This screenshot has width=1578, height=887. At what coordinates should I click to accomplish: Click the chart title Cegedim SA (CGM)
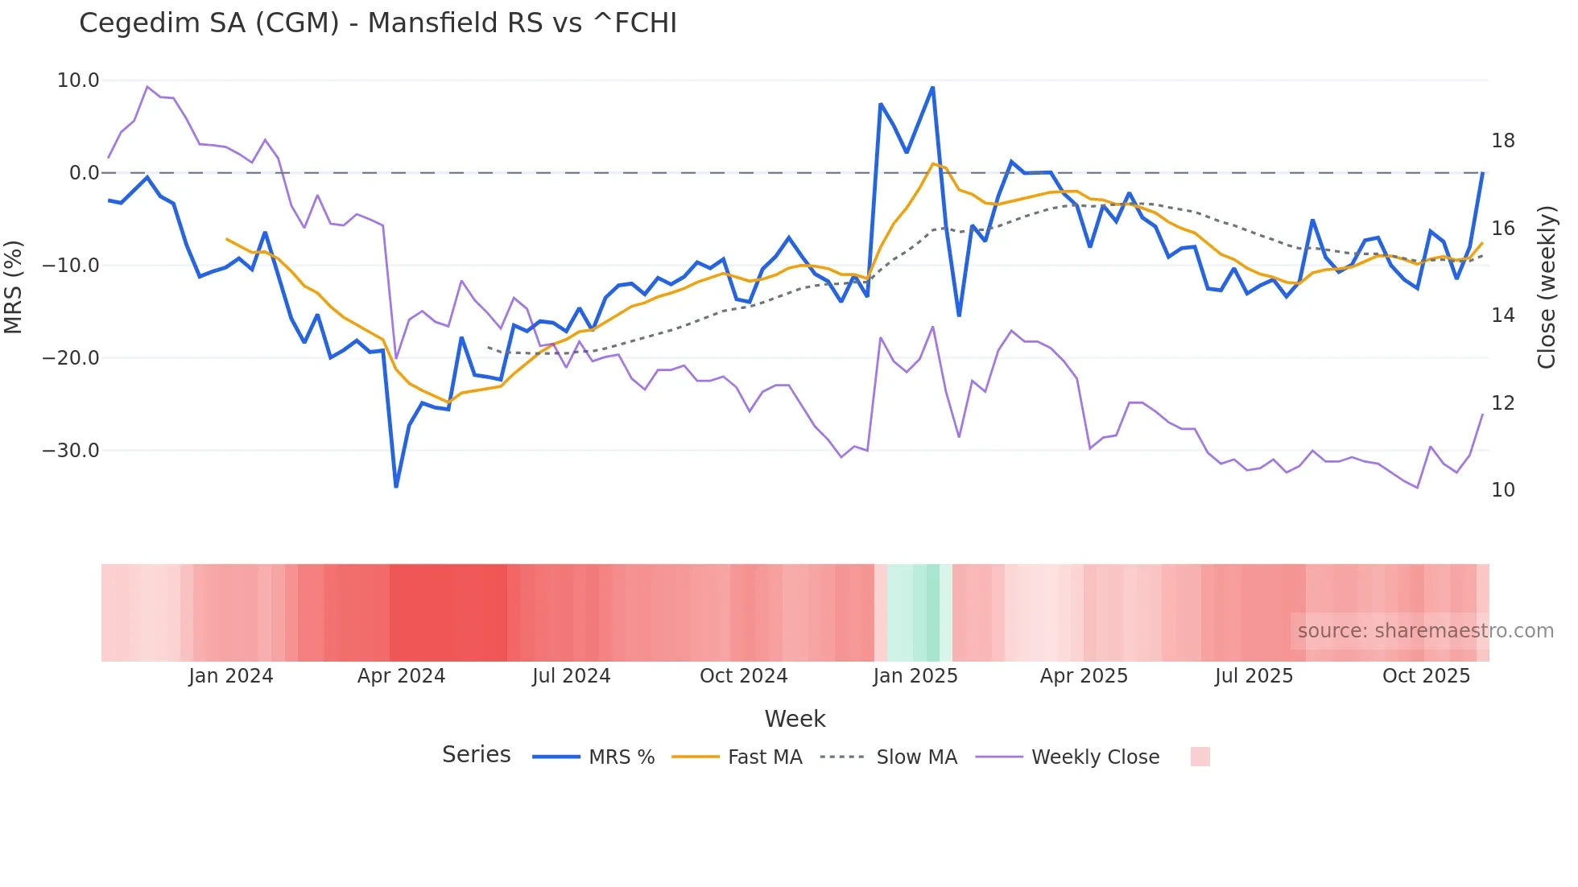tap(378, 23)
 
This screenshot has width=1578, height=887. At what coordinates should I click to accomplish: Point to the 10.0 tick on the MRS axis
tap(78, 80)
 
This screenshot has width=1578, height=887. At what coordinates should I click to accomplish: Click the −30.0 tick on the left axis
tap(71, 451)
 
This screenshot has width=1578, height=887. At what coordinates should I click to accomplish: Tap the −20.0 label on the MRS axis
tap(71, 358)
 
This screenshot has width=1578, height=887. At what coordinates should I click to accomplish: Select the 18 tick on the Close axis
tap(1502, 141)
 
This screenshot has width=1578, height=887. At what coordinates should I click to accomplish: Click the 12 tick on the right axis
tap(1502, 403)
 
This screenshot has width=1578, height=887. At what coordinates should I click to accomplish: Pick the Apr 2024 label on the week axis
tap(401, 676)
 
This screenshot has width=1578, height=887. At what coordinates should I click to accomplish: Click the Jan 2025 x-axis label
tap(915, 676)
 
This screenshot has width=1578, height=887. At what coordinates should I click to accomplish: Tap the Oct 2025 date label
tap(1426, 676)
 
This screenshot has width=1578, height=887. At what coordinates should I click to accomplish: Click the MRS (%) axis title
tap(14, 287)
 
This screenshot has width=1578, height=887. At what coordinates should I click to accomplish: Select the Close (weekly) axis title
tap(1547, 287)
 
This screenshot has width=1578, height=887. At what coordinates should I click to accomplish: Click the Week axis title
tap(795, 719)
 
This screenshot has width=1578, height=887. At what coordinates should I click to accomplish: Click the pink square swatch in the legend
tap(1200, 757)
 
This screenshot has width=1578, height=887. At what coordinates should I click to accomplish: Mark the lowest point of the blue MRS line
tap(396, 486)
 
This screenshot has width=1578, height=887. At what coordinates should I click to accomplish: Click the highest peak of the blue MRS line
tap(932, 88)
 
